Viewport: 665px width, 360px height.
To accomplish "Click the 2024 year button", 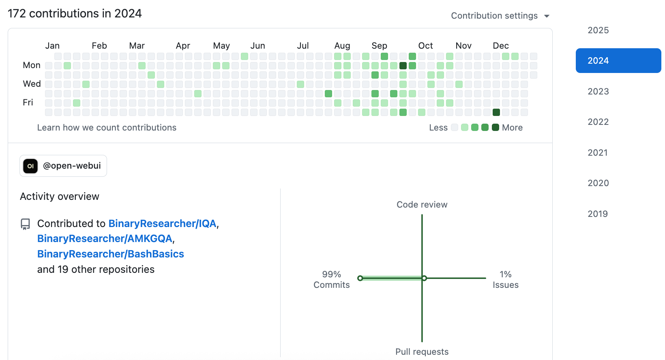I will [618, 61].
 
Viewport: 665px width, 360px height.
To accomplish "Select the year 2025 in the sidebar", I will [598, 30].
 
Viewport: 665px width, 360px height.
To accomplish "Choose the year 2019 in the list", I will [598, 214].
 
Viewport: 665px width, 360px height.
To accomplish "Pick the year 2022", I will [598, 122].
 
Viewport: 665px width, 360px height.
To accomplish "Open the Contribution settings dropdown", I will [500, 16].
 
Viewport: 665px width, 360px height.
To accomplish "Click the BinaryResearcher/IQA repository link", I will [162, 224].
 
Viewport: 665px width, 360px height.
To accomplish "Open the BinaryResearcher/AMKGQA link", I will [105, 239].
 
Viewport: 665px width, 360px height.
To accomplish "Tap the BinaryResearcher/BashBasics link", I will [110, 254].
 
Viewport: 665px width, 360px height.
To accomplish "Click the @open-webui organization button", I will [63, 166].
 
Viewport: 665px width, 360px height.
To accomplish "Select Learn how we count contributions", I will [107, 128].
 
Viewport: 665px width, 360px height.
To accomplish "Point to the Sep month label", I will [379, 46].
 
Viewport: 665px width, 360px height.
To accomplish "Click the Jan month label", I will [52, 46].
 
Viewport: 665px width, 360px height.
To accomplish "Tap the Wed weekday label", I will [32, 84].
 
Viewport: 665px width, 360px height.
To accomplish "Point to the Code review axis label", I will [422, 205].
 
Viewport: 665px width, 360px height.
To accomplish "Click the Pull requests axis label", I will [422, 352].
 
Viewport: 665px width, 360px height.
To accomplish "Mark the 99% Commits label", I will [331, 280].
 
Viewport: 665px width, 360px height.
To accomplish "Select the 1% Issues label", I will [505, 280].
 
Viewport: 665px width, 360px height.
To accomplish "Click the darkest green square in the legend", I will [495, 128].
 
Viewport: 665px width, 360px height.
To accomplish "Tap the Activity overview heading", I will [60, 197].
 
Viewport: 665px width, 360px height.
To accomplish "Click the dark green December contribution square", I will [496, 112].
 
